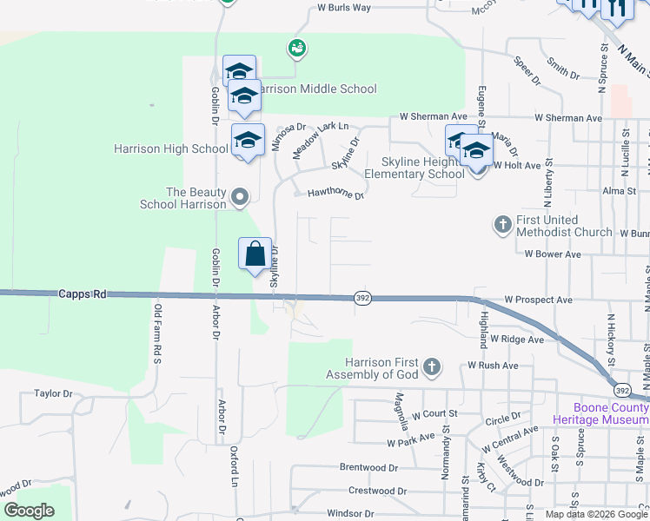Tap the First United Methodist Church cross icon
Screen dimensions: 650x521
click(502, 225)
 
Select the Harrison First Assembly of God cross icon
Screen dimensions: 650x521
click(432, 368)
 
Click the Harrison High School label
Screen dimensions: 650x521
click(171, 148)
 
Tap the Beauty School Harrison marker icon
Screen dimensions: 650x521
click(240, 198)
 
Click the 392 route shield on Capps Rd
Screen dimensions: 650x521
click(363, 298)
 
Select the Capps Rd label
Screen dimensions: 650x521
click(83, 294)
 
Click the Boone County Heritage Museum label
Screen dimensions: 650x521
click(601, 413)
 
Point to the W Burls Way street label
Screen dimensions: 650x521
click(344, 7)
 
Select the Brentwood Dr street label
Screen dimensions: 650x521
click(368, 467)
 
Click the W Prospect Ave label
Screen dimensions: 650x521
click(538, 300)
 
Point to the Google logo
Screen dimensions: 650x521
click(29, 511)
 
